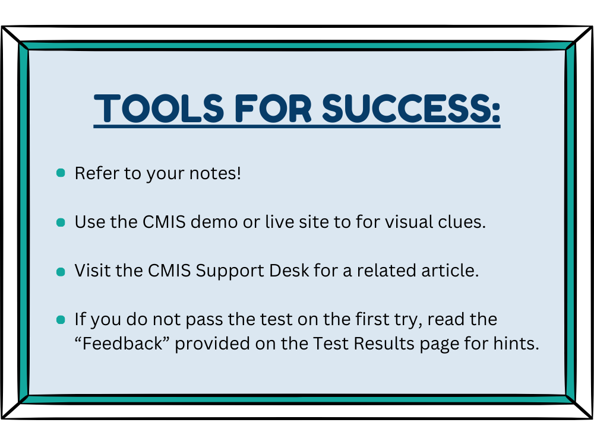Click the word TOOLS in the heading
[x=159, y=109]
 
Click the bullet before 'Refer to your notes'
[x=61, y=173]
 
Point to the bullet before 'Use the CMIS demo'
[x=61, y=222]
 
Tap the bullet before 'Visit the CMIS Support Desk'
[x=61, y=272]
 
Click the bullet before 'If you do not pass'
[x=61, y=320]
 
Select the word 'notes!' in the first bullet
[x=215, y=173]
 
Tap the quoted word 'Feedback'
[x=122, y=344]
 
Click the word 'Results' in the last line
[x=384, y=344]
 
